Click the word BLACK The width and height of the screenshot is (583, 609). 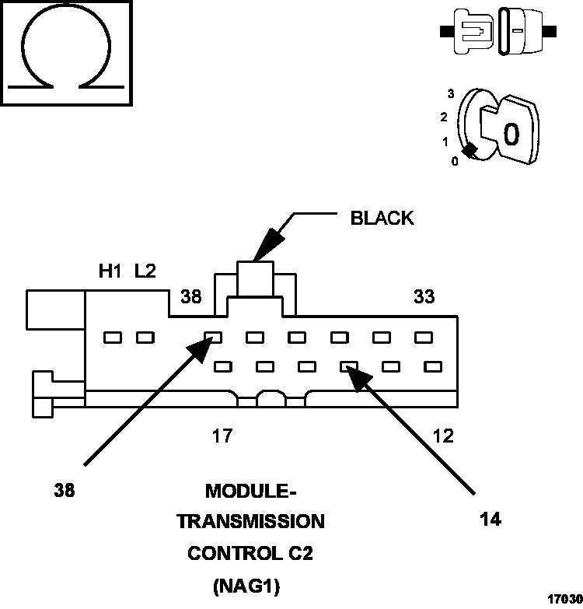(x=382, y=218)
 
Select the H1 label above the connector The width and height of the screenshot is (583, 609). (x=110, y=271)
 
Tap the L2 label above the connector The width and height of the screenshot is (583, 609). (x=145, y=271)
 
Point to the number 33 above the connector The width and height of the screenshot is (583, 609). (x=424, y=296)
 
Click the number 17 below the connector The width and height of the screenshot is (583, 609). (x=222, y=436)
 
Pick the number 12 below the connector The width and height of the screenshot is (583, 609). (x=442, y=436)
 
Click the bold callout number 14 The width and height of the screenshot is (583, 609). (x=490, y=520)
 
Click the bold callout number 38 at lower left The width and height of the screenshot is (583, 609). (x=65, y=492)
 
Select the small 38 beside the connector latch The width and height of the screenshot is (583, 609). (x=191, y=296)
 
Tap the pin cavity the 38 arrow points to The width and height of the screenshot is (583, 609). (x=213, y=338)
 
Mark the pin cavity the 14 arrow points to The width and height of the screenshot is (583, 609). (x=348, y=366)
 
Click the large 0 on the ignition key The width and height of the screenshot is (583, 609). (x=511, y=135)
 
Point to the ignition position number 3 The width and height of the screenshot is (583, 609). (x=450, y=93)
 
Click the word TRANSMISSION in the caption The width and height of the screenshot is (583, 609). (x=250, y=521)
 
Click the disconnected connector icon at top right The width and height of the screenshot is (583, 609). (x=497, y=33)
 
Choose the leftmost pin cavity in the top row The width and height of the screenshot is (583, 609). (x=113, y=338)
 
